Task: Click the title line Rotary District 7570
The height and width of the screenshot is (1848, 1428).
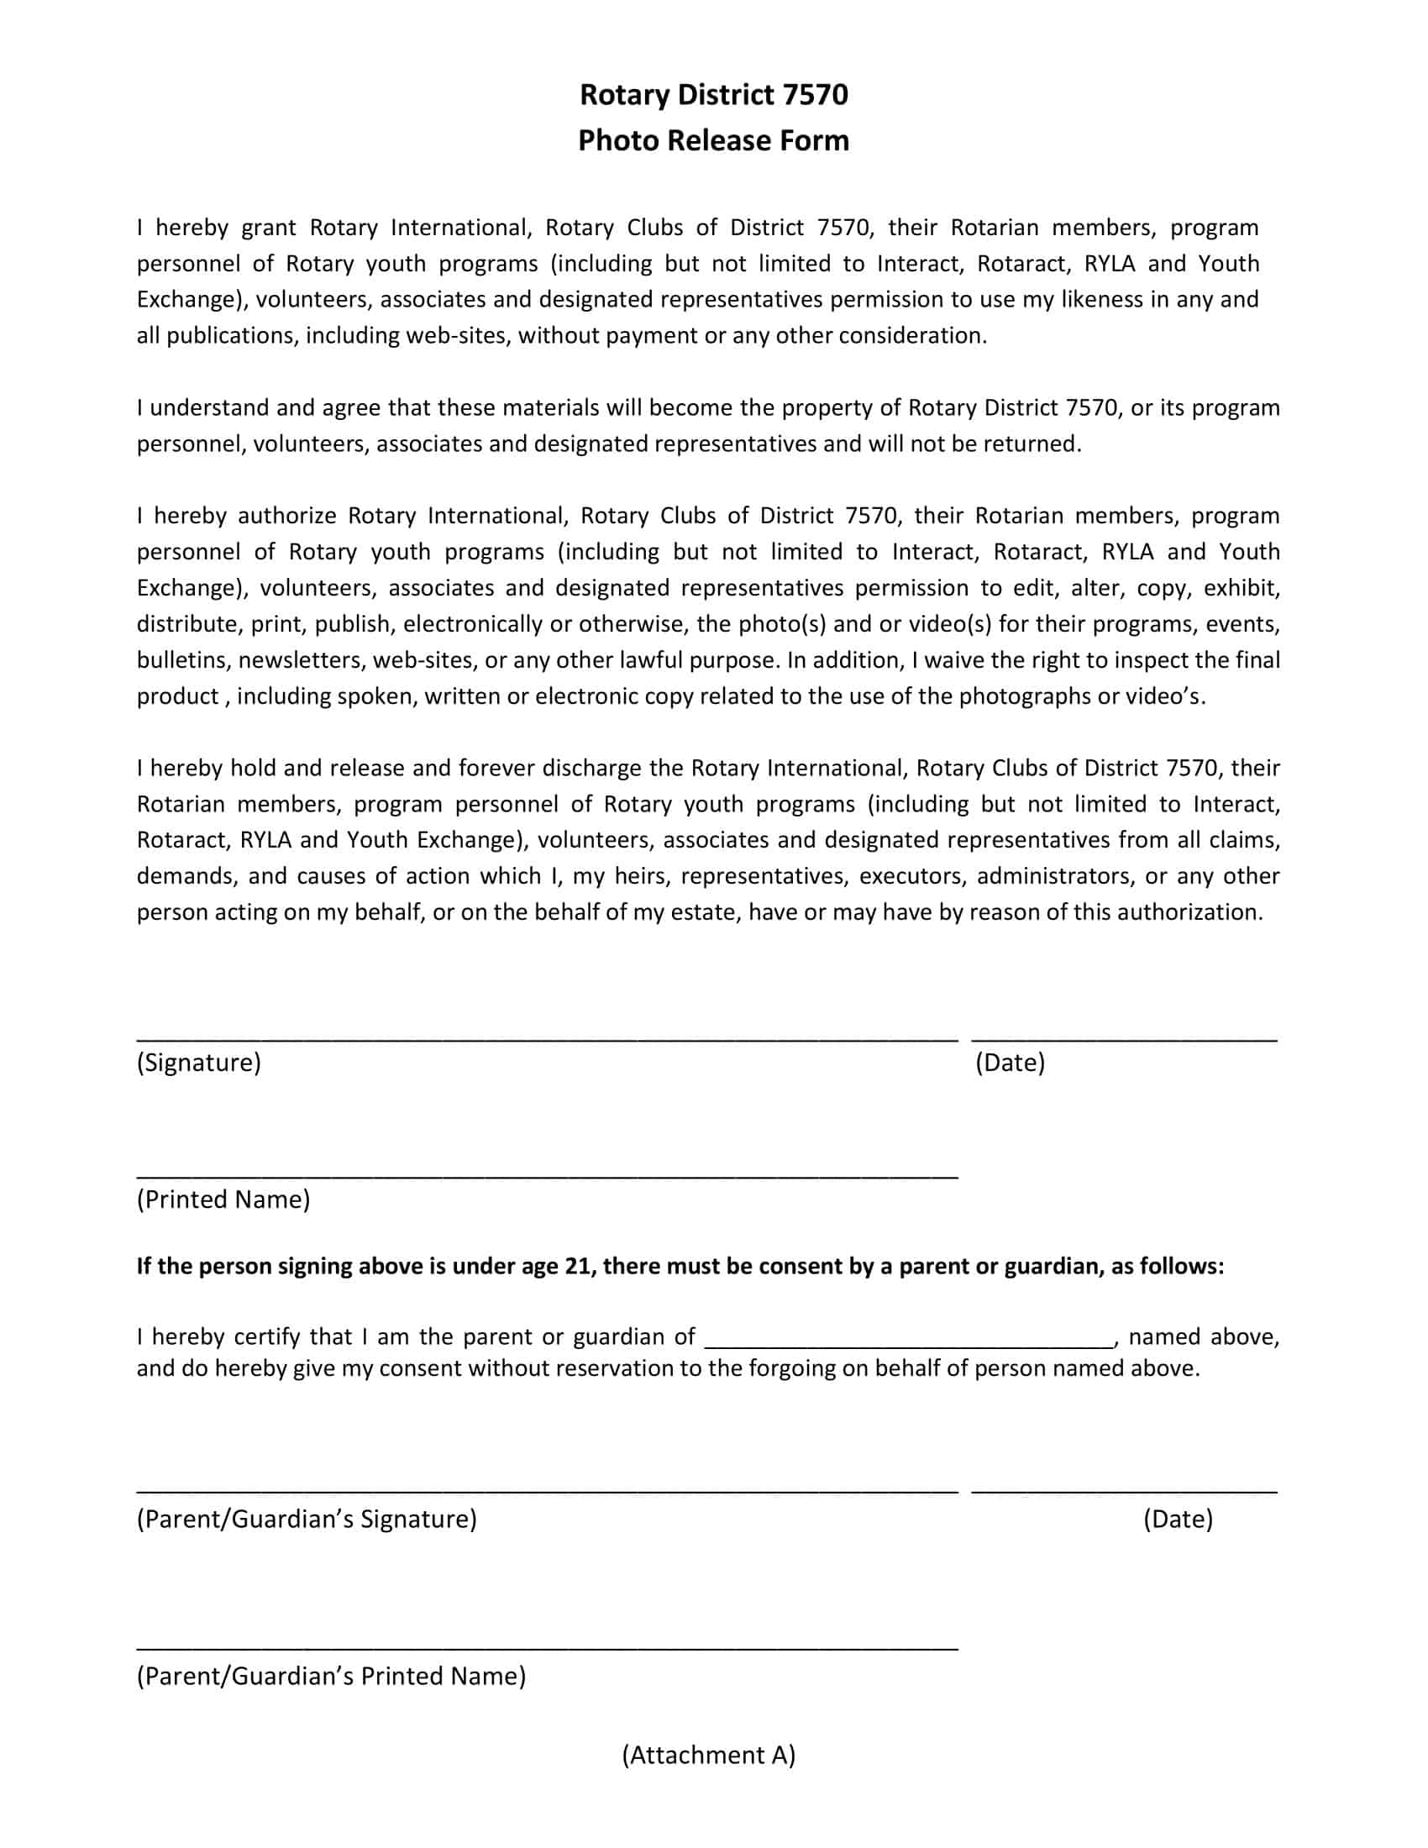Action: point(713,95)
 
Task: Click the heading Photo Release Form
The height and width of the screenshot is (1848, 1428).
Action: point(713,140)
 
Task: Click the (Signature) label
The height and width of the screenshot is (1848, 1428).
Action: point(199,1063)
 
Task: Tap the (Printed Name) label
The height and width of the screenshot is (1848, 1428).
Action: point(223,1200)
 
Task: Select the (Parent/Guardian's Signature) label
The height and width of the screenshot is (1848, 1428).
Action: point(307,1519)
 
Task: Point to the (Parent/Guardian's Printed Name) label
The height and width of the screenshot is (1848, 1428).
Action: point(331,1677)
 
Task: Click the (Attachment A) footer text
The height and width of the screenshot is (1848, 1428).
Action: point(709,1755)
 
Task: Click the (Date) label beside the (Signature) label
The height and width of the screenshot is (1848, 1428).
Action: point(1010,1063)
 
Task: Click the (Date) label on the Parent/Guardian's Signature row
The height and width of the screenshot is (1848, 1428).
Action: point(1178,1519)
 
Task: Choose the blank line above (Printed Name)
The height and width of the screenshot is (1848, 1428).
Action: point(547,1175)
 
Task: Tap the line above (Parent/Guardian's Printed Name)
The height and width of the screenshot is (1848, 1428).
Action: point(547,1648)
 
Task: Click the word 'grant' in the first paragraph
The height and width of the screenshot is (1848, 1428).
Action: point(269,228)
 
